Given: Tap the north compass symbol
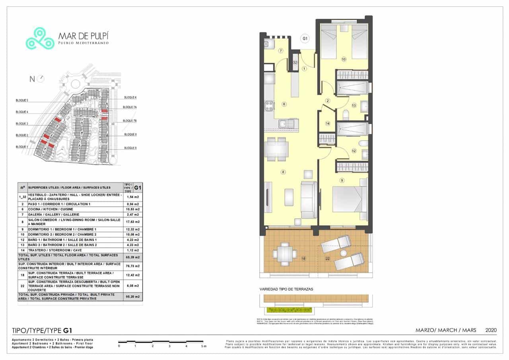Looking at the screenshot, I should [x=41, y=79].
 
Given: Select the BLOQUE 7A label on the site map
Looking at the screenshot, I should [x=130, y=107].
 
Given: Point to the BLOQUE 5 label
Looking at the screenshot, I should [x=22, y=101].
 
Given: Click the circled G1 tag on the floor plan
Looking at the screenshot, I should [x=305, y=39].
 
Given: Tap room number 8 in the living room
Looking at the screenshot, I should [x=283, y=172].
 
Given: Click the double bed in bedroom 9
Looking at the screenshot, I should [x=348, y=199].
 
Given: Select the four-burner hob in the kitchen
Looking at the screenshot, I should [x=269, y=106].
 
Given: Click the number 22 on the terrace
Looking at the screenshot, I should [x=328, y=259].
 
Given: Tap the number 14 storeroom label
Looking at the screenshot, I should [x=328, y=124].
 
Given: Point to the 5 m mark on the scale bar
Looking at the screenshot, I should [x=204, y=346].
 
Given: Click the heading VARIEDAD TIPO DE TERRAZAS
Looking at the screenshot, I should [x=286, y=289].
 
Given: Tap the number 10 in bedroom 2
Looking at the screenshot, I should [x=344, y=59].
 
